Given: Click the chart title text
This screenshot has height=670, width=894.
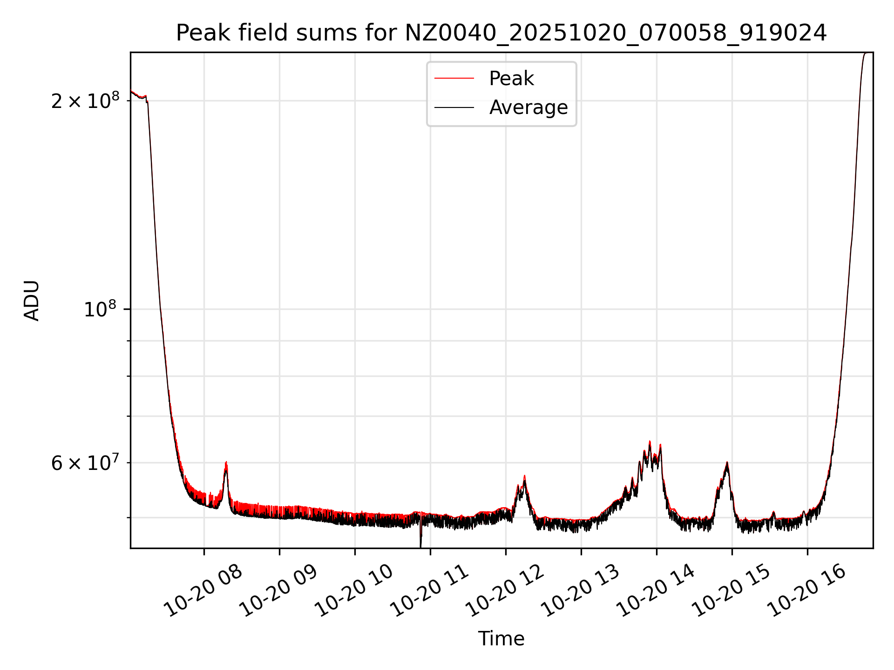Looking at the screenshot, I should pos(501,33).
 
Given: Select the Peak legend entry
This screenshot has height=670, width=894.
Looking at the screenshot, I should pos(511,79).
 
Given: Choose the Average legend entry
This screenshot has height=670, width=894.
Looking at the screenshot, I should pos(528,107).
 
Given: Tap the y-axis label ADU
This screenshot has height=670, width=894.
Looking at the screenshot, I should pos(32,301).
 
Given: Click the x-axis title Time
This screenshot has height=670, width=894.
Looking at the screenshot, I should pos(501,639).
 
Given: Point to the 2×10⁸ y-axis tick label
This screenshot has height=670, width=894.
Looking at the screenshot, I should pos(85,100).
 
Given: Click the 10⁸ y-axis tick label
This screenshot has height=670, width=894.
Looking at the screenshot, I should pos(100,309).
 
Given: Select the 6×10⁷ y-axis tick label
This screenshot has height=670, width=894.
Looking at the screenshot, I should pos(85,463).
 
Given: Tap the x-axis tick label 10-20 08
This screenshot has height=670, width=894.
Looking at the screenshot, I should pos(204,591).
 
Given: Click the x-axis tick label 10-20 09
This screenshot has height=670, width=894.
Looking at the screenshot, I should pos(279,591).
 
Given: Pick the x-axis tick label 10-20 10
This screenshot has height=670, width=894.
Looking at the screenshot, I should pos(355,591).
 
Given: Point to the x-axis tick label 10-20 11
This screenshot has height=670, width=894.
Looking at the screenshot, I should pos(430,591).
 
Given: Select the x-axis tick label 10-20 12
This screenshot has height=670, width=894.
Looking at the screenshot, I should pos(506,591).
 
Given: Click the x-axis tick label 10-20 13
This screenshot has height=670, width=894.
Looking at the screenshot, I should pos(581,591).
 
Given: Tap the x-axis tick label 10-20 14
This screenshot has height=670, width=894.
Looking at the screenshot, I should pos(657,591).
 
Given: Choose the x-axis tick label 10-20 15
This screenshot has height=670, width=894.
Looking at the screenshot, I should pos(732,591).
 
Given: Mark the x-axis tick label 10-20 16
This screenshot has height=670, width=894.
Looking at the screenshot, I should pos(807,591).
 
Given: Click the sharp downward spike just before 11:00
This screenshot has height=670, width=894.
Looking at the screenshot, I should pos(421,542).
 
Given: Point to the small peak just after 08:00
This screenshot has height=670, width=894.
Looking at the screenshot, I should pos(226,463).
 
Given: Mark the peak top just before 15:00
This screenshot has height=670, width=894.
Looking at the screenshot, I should pos(726,463).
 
